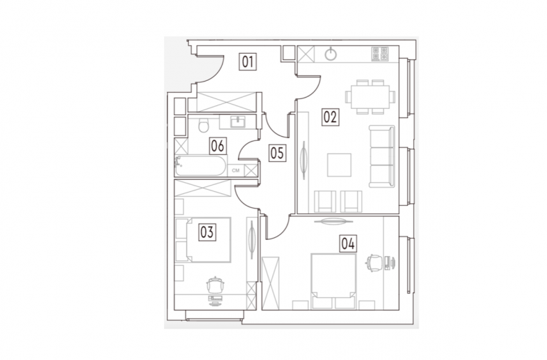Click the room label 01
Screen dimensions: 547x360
tap(248, 61)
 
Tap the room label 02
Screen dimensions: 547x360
tap(330, 117)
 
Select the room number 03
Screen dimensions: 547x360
tap(207, 232)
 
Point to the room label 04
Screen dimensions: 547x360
tap(348, 243)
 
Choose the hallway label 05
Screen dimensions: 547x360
tap(278, 153)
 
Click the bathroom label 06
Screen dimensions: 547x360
tap(218, 146)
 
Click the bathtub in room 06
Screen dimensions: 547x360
tap(200, 166)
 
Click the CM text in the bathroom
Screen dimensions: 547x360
tap(236, 170)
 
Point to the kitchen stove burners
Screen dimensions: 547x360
tap(380, 54)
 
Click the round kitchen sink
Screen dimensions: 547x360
tap(331, 54)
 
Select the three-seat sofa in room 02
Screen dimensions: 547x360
tap(382, 156)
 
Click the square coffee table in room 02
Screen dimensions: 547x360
tap(339, 165)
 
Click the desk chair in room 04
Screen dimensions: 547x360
tap(373, 262)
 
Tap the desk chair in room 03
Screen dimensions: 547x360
tap(216, 285)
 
